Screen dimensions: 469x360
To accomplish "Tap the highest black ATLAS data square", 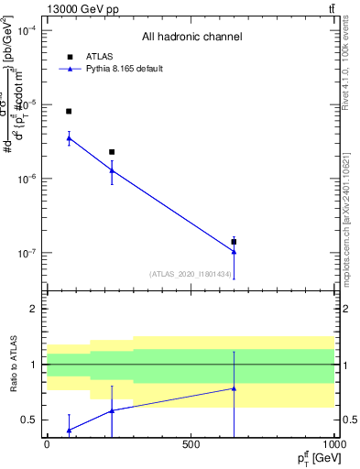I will coord(69,111).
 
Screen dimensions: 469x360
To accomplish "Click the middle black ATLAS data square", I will coord(112,152).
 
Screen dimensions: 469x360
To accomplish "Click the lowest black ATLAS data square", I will coord(234,242).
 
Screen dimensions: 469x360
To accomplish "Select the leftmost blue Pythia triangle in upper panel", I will coord(69,138).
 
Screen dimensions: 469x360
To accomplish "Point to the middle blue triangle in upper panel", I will coord(112,170).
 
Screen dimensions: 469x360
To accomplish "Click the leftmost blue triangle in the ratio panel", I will coord(69,430).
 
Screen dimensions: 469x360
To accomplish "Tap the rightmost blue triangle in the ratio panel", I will coord(234,388).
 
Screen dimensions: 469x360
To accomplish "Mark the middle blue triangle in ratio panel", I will coord(112,410).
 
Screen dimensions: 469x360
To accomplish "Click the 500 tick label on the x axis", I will coord(191,444).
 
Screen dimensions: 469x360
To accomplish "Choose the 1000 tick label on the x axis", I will coord(333,444).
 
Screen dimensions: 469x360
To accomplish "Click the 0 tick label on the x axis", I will coord(47,444).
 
